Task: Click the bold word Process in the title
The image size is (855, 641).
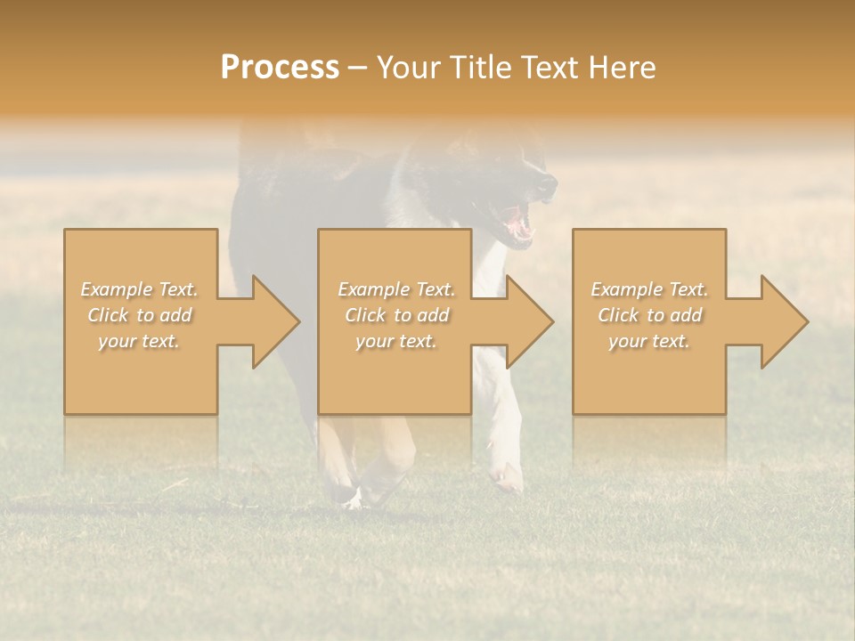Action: pyautogui.click(x=280, y=68)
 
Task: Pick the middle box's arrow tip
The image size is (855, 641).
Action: pyautogui.click(x=551, y=321)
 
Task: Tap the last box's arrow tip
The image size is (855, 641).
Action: pyautogui.click(x=806, y=321)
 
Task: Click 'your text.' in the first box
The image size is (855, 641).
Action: pyautogui.click(x=139, y=341)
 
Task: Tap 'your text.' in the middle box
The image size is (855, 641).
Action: pyautogui.click(x=395, y=341)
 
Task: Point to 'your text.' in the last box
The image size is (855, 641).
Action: pyautogui.click(x=648, y=341)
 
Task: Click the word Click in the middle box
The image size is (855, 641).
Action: pyautogui.click(x=365, y=315)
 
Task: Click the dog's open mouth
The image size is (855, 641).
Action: pyautogui.click(x=517, y=223)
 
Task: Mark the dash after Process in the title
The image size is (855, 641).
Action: pyautogui.click(x=358, y=68)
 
